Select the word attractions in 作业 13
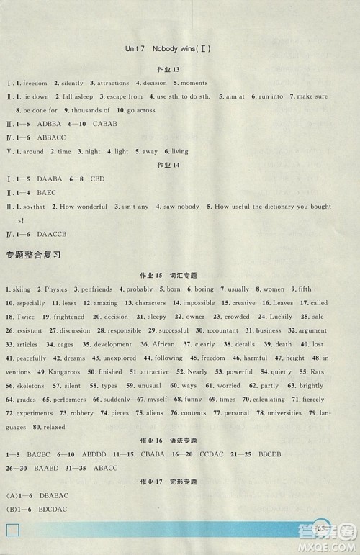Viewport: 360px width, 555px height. click(x=115, y=83)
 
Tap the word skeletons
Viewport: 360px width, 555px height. click(x=30, y=385)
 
